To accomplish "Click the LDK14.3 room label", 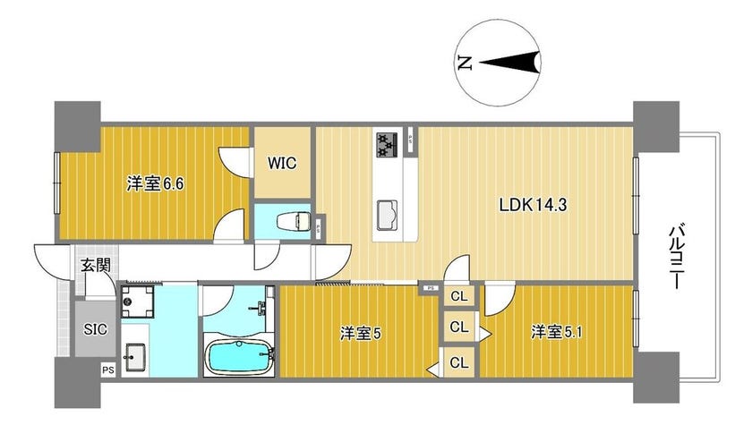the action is coord(533,205).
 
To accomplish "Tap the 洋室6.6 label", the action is coord(155,183).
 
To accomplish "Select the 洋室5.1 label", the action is coord(556,332).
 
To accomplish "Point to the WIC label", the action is coord(282,164).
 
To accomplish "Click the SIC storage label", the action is coord(96,329).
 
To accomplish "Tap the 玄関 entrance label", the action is coord(96,265).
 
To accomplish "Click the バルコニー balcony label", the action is coord(676,256).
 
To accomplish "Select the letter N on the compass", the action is coord(465,63).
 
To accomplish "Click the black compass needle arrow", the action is coord(509,62).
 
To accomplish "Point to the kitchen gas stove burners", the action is coord(388,145).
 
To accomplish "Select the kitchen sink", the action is coord(387,215).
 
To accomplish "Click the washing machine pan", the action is coord(137,302).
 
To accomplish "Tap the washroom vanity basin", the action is coord(135,357).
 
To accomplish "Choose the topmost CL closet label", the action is coord(459,296).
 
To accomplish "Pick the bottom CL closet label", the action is coord(459,363).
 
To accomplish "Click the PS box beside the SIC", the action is coord(108,370).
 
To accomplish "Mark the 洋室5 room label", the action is coord(361,334).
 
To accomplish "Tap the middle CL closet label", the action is coord(459,327).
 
